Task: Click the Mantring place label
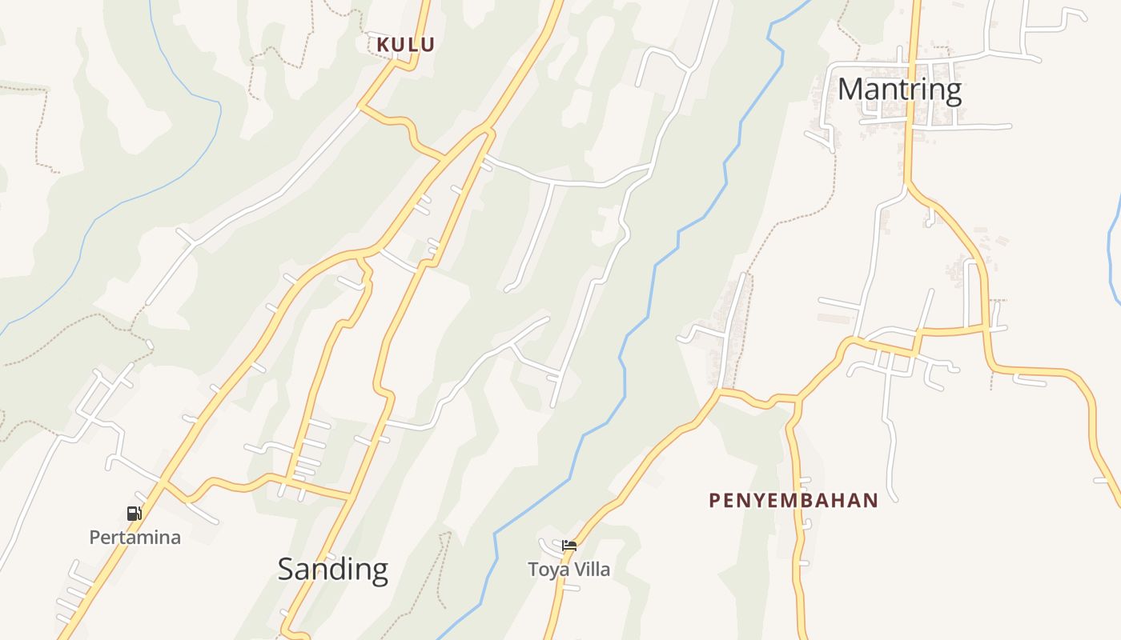899,89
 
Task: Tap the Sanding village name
332,569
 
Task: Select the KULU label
405,45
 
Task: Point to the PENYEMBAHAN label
794,501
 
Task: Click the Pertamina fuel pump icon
134,514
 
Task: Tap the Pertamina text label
135,538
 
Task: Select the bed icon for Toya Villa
569,546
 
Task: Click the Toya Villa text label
569,570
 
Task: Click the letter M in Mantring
850,89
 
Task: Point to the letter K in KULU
383,45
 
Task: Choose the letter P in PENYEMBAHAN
714,501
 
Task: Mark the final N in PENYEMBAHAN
871,501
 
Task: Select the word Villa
591,570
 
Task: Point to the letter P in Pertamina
94,538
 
